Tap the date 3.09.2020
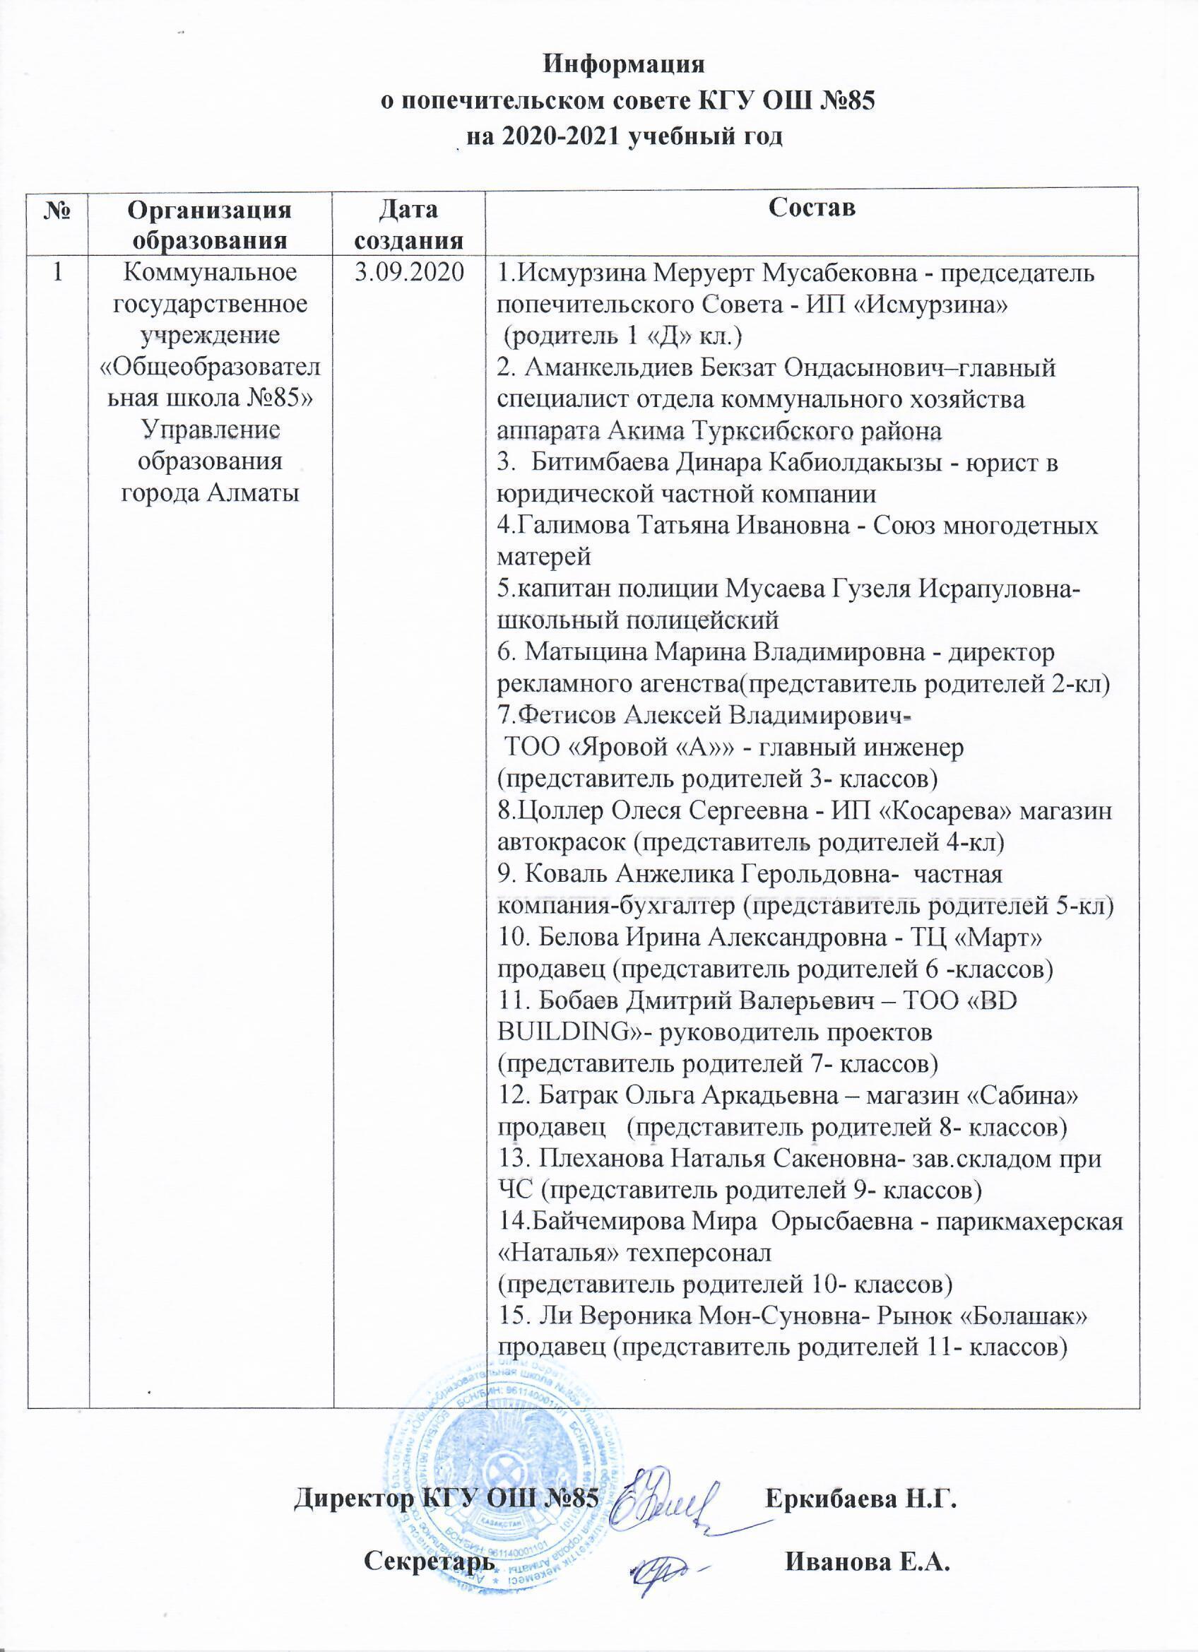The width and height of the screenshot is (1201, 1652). point(408,275)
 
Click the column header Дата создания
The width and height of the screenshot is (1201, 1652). point(408,225)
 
